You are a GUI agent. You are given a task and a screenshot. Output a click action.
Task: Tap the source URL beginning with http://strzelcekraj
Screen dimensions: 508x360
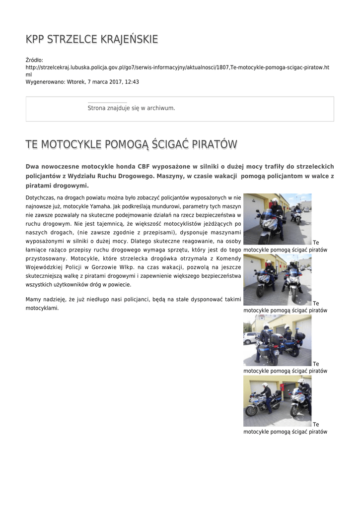click(x=177, y=67)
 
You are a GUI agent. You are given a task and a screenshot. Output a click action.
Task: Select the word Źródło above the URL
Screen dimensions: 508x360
click(x=34, y=60)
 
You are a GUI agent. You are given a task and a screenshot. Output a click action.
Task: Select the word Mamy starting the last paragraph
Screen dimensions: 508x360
click(x=33, y=299)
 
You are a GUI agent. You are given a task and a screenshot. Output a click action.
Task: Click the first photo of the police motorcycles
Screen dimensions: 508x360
click(x=277, y=218)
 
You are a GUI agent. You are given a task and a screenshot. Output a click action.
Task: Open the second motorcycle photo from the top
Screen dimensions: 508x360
click(x=277, y=279)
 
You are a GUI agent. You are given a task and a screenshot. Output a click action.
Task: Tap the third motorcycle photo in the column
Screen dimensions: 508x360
click(x=277, y=340)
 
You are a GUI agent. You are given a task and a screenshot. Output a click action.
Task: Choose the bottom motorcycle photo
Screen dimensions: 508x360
click(x=277, y=401)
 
